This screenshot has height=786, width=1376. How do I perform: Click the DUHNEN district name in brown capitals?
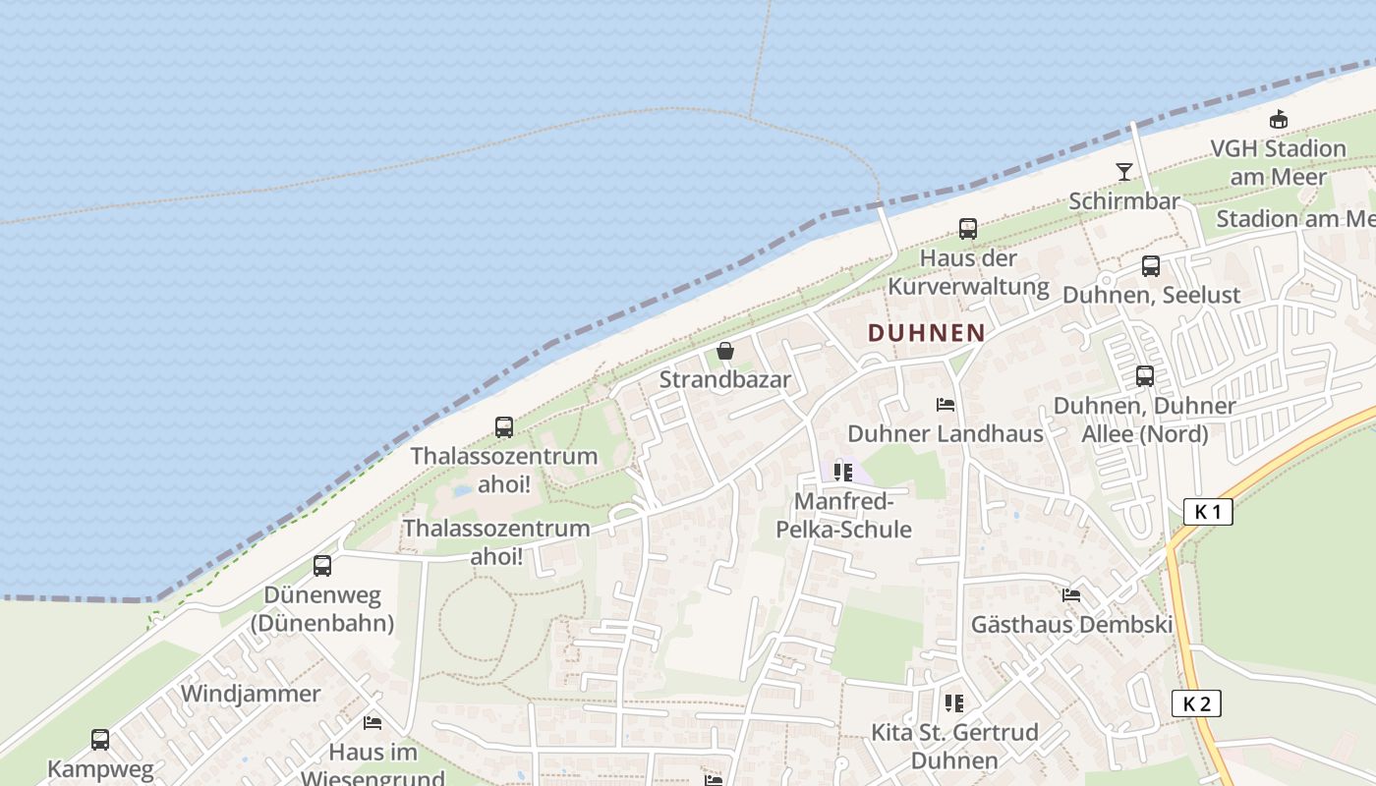tap(926, 333)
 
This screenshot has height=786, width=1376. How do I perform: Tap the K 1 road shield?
tap(1208, 512)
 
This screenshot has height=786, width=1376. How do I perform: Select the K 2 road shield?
tap(1196, 703)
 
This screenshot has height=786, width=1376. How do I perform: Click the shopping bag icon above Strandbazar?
tap(725, 351)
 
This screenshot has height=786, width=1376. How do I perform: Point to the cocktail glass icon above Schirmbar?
tap(1124, 172)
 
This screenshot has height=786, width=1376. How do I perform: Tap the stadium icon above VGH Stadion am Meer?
tap(1278, 119)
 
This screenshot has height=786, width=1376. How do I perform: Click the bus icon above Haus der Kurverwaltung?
tap(968, 229)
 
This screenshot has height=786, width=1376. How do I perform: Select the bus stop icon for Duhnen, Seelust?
tap(1151, 266)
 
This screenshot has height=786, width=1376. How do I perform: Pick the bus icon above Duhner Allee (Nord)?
tap(1145, 376)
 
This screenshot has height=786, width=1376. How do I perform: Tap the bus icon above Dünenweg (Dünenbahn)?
tap(322, 566)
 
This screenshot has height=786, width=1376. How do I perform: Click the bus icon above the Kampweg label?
tap(100, 740)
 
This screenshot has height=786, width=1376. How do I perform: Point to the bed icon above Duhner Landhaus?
tap(946, 405)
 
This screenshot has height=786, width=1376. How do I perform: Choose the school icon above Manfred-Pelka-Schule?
tap(843, 473)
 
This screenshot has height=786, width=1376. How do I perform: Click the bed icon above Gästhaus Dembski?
tap(1071, 595)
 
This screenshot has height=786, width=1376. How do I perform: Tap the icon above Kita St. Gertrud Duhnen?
tap(953, 703)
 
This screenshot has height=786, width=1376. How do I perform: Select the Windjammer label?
tap(251, 694)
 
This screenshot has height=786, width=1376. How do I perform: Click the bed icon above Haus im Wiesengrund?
tap(373, 723)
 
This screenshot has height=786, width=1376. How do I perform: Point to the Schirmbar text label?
tap(1124, 201)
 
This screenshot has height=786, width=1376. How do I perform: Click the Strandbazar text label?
tap(725, 379)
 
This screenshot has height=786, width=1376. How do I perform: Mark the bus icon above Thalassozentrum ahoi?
tap(504, 427)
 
